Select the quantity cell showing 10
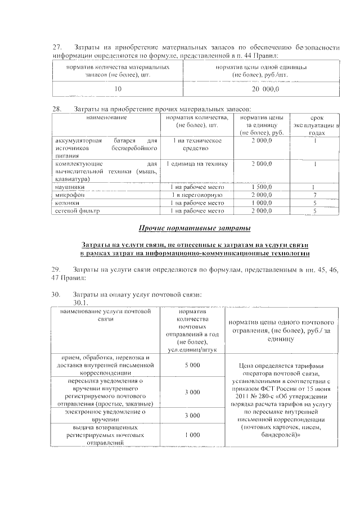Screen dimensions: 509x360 click(x=118, y=89)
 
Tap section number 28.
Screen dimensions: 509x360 click(x=56, y=109)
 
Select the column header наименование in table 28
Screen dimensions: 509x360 click(x=106, y=118)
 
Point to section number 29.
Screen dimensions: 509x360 click(x=56, y=271)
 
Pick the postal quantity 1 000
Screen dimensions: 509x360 click(x=192, y=435)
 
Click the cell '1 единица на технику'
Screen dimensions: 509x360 click(x=196, y=164)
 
